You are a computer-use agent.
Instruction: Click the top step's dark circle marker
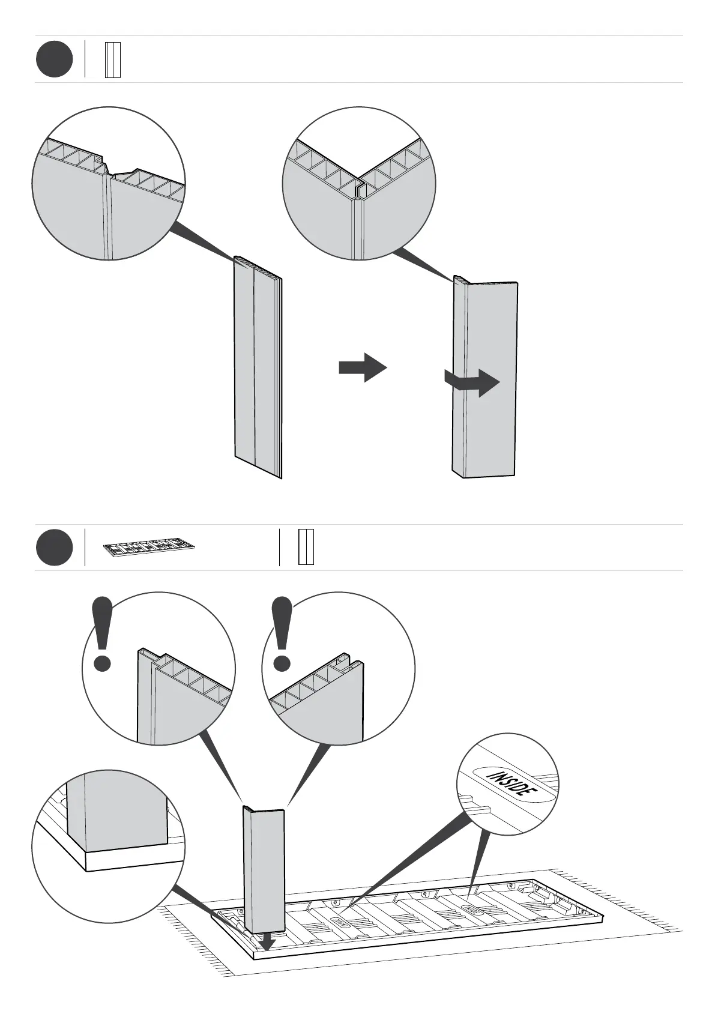54,59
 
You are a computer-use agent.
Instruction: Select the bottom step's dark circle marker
54,548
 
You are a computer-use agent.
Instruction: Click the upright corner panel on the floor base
263,871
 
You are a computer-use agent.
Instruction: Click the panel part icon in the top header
113,59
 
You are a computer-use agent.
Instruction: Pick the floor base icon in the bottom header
149,547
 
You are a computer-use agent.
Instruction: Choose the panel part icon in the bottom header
306,547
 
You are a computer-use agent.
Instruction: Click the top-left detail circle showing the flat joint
108,183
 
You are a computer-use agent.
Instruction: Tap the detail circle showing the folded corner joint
359,183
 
